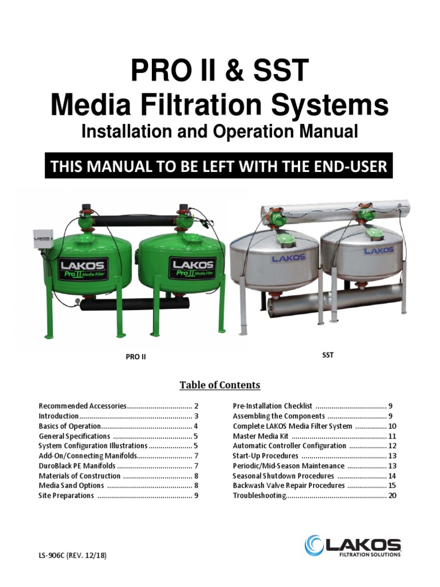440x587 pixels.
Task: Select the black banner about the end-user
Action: point(219,166)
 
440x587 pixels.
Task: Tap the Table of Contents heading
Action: point(220,385)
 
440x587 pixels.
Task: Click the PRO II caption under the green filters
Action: point(136,357)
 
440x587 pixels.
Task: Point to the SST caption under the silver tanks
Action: point(328,355)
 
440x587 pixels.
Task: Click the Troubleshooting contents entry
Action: point(260,496)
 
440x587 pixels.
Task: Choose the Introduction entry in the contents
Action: point(59,416)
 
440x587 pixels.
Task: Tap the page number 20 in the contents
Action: point(392,496)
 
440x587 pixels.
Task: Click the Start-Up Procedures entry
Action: point(266,456)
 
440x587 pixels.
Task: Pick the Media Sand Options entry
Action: point(72,486)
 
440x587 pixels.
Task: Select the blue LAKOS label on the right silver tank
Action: point(379,250)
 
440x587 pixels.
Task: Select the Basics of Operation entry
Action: point(70,426)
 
